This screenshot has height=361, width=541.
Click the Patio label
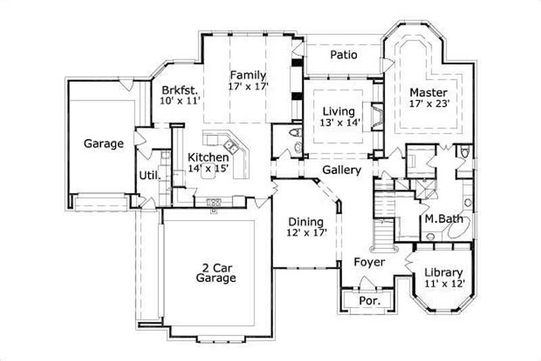tap(344, 55)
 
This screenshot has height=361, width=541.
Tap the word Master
tap(428, 92)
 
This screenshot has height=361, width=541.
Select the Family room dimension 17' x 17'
tap(248, 86)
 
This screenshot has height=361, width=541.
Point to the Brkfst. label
tap(179, 89)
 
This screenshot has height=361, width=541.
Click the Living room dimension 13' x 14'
tap(341, 123)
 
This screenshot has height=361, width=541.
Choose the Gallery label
tap(341, 170)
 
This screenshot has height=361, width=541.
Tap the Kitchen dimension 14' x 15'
tap(209, 168)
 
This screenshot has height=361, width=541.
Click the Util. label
tap(149, 175)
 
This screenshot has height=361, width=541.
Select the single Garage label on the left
tap(103, 143)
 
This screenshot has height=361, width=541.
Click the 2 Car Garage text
tap(216, 272)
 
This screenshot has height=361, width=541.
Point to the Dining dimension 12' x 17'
tap(307, 233)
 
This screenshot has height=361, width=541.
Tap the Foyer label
tap(369, 262)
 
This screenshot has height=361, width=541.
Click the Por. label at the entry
tap(369, 301)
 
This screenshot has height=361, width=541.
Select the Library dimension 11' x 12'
tap(444, 283)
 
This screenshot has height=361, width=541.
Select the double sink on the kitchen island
tap(230, 145)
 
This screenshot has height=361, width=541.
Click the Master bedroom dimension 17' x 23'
tap(428, 104)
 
